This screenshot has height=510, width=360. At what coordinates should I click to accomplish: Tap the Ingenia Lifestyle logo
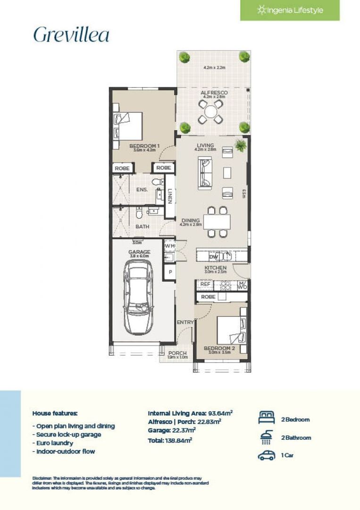pyautogui.click(x=290, y=10)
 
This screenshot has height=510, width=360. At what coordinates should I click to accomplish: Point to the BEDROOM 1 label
pyautogui.click(x=144, y=146)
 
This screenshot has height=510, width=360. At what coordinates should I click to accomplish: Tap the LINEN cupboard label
pyautogui.click(x=170, y=195)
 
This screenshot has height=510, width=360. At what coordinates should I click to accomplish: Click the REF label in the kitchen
pyautogui.click(x=205, y=285)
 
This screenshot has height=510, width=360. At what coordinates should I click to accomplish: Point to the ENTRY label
pyautogui.click(x=185, y=323)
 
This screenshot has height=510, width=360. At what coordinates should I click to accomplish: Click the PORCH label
pyautogui.click(x=177, y=353)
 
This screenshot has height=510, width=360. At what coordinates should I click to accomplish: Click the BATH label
pyautogui.click(x=142, y=227)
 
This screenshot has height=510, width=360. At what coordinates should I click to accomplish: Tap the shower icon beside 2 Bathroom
pyautogui.click(x=266, y=438)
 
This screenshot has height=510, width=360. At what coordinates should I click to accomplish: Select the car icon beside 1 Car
pyautogui.click(x=266, y=456)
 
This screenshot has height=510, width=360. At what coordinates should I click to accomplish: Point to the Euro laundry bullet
pyautogui.click(x=54, y=443)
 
